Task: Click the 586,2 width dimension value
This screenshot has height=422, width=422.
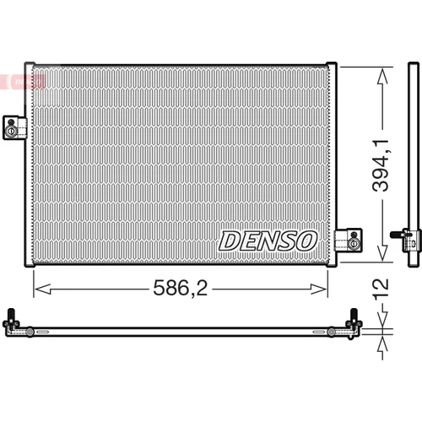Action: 181,288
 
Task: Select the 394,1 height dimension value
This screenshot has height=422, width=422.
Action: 381,165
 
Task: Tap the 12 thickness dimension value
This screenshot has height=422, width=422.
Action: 381,288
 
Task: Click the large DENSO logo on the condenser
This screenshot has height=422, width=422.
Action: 268,241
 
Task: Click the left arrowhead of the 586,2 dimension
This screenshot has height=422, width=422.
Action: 42,289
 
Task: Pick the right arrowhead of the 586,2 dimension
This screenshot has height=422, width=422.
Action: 319,289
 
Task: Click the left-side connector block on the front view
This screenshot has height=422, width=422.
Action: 15,127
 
